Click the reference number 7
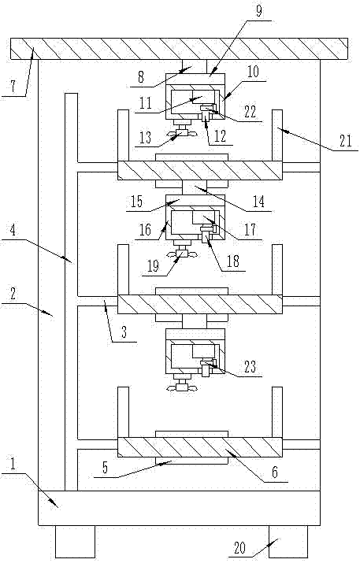click(x=13, y=87)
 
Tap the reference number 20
click(x=239, y=548)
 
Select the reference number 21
click(x=345, y=140)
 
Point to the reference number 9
click(x=259, y=11)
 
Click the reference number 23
click(x=250, y=367)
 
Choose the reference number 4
click(x=13, y=230)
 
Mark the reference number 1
click(x=13, y=465)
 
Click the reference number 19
click(x=153, y=266)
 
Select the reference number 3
click(x=124, y=332)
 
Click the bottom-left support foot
click(x=75, y=542)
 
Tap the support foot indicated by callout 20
click(x=288, y=542)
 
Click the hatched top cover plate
click(x=180, y=49)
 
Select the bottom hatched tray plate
click(x=200, y=447)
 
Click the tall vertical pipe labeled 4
click(x=72, y=292)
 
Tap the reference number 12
click(x=220, y=136)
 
